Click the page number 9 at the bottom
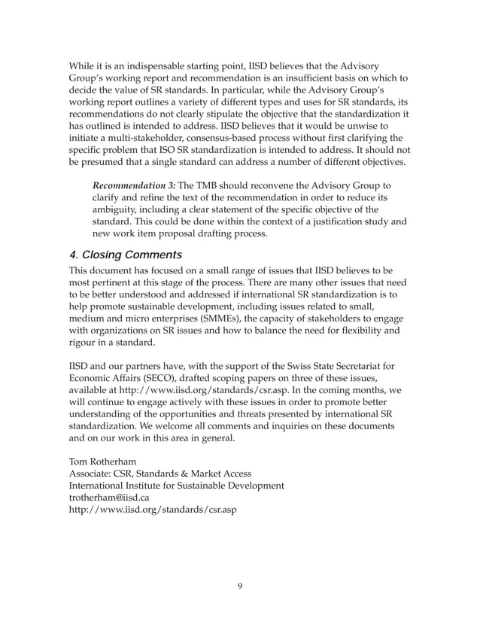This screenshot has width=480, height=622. [x=239, y=587]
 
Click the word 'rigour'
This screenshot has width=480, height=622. [x=86, y=343]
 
